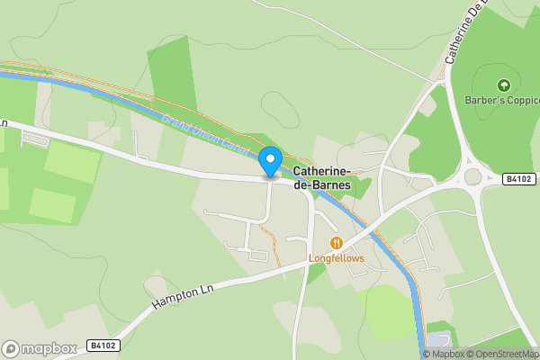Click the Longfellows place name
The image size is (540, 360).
point(337,258)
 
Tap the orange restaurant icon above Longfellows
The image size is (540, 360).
point(337,243)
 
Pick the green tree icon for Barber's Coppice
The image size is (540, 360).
point(504,85)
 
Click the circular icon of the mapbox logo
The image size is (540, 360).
point(12,348)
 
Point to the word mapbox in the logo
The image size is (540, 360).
point(49,348)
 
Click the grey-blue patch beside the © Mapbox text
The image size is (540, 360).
point(438,339)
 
